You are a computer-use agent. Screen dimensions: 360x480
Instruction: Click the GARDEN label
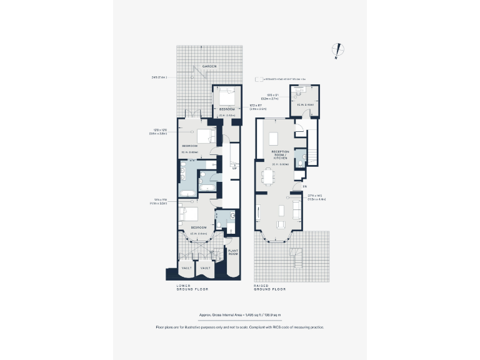[x=209, y=66]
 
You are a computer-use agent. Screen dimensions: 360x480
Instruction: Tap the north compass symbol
[x=337, y=51]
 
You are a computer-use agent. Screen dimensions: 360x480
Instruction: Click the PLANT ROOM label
[x=233, y=252]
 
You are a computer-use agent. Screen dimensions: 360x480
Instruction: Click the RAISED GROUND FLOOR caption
[x=270, y=288]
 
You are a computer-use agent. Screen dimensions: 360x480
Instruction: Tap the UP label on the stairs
[x=234, y=168]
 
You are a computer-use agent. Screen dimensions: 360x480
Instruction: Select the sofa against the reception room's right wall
[x=297, y=208]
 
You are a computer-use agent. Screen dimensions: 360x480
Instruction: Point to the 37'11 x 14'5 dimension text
[x=317, y=197]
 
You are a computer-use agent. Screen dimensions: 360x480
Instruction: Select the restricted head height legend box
[x=257, y=79]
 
